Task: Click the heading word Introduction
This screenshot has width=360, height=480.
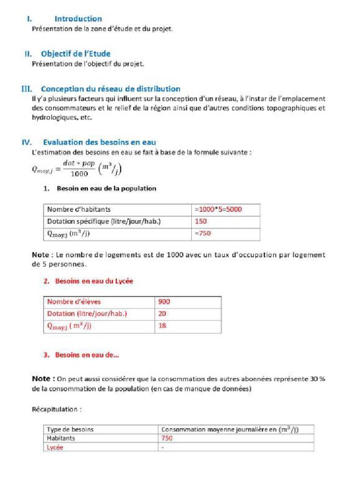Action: (78, 19)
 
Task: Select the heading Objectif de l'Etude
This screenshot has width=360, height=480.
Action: (75, 54)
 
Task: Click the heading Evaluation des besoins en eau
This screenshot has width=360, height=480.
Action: (99, 142)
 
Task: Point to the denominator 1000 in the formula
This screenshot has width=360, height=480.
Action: (79, 173)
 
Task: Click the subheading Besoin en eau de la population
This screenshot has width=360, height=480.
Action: (106, 188)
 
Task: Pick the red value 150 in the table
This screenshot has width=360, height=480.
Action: (200, 221)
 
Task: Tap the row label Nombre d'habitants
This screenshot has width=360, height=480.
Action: (79, 209)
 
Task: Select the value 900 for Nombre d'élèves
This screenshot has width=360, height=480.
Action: (164, 302)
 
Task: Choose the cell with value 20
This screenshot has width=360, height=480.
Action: (162, 314)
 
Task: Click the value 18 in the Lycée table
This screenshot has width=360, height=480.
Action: (162, 326)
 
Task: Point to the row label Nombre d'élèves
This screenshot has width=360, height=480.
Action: (74, 302)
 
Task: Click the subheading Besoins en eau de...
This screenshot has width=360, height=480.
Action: (87, 355)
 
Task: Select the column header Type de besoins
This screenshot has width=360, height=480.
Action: (70, 429)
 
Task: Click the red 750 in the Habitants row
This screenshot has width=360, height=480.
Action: (167, 438)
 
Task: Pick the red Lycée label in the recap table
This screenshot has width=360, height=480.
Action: (55, 447)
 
